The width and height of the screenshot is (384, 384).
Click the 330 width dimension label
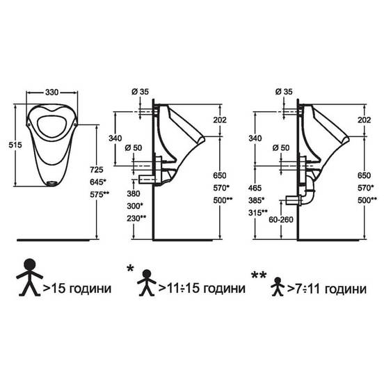point(51,93)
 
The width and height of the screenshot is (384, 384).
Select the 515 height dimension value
point(15,145)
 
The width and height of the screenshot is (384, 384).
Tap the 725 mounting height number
point(97,170)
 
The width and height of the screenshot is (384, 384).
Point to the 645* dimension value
point(98,182)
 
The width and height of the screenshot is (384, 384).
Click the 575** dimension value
point(99,195)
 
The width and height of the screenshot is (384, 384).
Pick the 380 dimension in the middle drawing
point(134,193)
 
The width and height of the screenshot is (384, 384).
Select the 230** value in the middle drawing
point(136,218)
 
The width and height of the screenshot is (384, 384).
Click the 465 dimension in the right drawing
point(255,188)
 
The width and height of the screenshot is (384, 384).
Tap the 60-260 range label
point(281,220)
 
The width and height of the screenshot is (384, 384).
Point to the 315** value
point(258,213)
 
